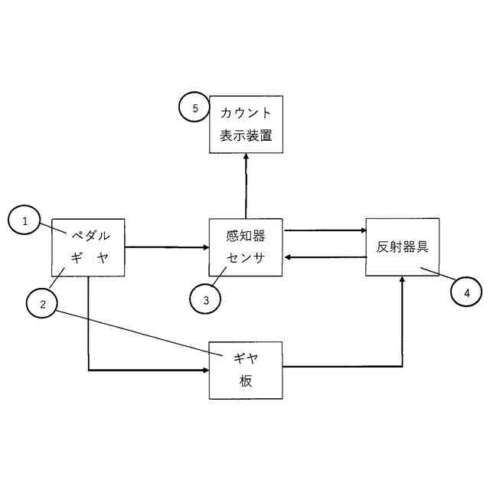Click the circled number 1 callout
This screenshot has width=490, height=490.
(x=25, y=221)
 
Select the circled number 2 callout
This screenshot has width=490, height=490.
(x=43, y=304)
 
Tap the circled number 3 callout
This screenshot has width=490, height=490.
(x=206, y=300)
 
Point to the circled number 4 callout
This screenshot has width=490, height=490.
(x=465, y=291)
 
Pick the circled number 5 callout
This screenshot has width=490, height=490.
(x=195, y=109)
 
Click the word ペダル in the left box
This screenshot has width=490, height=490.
(x=91, y=235)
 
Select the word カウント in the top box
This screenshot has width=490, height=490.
(x=246, y=113)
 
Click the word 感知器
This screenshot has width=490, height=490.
(x=246, y=236)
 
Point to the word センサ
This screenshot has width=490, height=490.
(x=246, y=258)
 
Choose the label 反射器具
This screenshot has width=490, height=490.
(x=402, y=247)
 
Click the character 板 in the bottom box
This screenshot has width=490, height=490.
(x=246, y=381)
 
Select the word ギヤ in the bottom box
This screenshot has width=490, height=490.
(x=246, y=358)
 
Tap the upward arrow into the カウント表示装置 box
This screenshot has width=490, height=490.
(x=246, y=184)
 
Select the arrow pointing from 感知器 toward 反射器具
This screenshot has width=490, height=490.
(x=325, y=230)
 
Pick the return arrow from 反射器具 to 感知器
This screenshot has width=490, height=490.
(x=325, y=258)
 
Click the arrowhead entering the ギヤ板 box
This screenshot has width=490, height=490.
(x=204, y=371)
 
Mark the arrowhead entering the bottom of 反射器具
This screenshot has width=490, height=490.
(x=402, y=282)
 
